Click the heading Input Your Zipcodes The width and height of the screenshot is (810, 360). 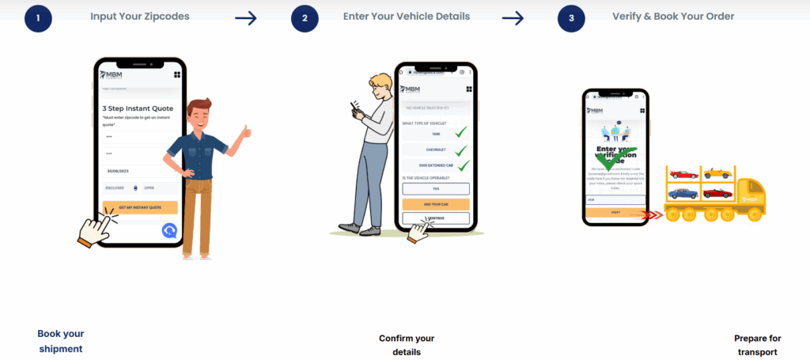[x=139, y=16]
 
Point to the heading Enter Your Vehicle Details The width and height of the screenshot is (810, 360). [x=407, y=16]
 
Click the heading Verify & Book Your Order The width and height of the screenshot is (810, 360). [x=672, y=16]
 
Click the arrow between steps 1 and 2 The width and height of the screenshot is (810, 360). [x=246, y=18]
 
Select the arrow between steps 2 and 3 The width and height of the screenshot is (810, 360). [x=513, y=18]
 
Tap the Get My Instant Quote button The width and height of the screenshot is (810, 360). [x=139, y=207]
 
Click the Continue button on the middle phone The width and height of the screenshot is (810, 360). [x=436, y=218]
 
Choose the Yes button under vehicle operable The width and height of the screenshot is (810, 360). [x=436, y=188]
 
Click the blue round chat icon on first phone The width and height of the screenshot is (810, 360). [x=170, y=230]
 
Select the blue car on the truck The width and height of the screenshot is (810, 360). [x=683, y=193]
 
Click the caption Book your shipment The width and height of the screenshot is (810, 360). [x=60, y=341]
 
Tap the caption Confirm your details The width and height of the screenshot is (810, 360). [x=407, y=345]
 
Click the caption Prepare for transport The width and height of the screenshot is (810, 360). [x=757, y=345]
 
